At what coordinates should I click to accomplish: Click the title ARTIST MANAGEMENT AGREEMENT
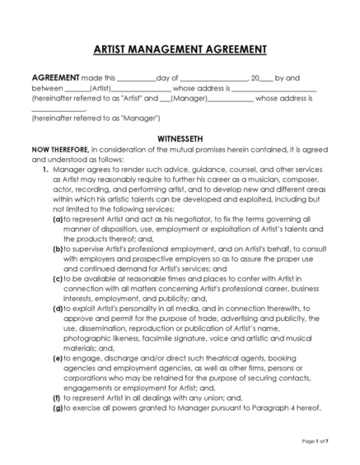click(180, 49)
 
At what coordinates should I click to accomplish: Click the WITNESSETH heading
click(180, 139)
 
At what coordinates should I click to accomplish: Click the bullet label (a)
click(58, 220)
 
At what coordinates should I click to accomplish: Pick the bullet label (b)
click(58, 248)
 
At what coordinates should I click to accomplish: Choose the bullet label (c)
click(58, 278)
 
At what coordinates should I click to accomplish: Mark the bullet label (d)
click(58, 308)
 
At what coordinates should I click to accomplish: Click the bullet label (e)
click(58, 359)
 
